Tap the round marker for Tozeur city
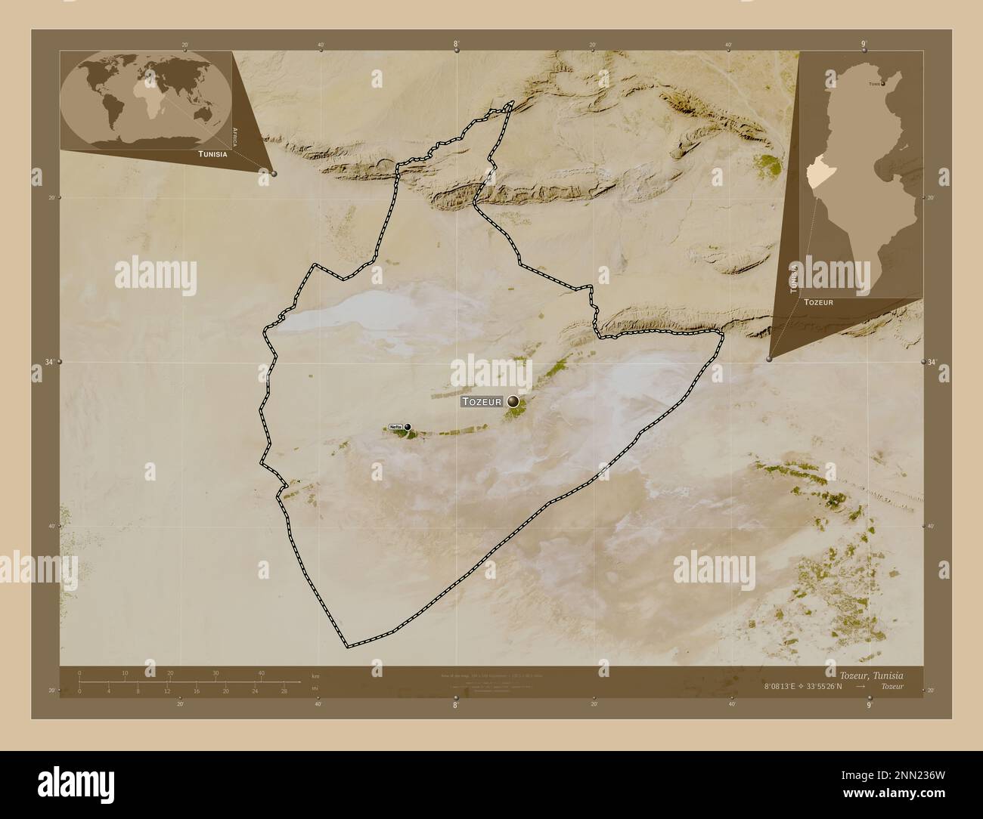point(514,401)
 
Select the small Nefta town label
point(395,428)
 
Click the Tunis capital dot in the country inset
point(883,84)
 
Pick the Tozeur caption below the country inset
point(819,301)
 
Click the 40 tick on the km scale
point(262,672)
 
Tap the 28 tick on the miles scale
point(284,691)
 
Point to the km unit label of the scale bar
point(315,675)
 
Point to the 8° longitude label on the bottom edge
point(454,705)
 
